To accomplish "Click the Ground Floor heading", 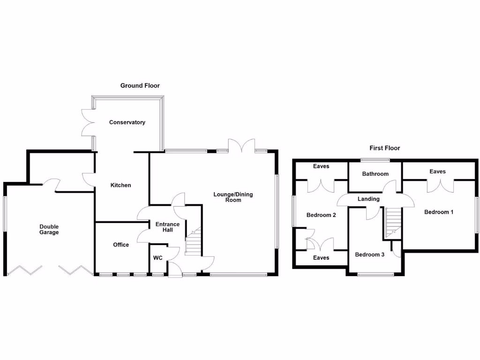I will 140,86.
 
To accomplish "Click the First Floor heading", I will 384,148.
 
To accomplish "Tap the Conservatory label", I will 127,122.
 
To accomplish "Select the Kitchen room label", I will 120,185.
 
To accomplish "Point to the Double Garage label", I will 49,229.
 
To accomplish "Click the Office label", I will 121,245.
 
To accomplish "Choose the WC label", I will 157,258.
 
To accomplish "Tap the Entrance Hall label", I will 168,227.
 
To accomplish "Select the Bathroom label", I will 375,174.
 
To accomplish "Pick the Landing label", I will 368,199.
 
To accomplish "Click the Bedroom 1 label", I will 439,212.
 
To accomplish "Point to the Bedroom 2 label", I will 321,215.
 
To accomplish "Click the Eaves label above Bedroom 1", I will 437,172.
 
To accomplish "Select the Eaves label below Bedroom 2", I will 321,258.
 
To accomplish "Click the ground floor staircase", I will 193,242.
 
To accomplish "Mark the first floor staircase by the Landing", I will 393,223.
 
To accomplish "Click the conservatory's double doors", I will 88,123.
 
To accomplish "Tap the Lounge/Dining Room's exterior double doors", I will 242,146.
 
